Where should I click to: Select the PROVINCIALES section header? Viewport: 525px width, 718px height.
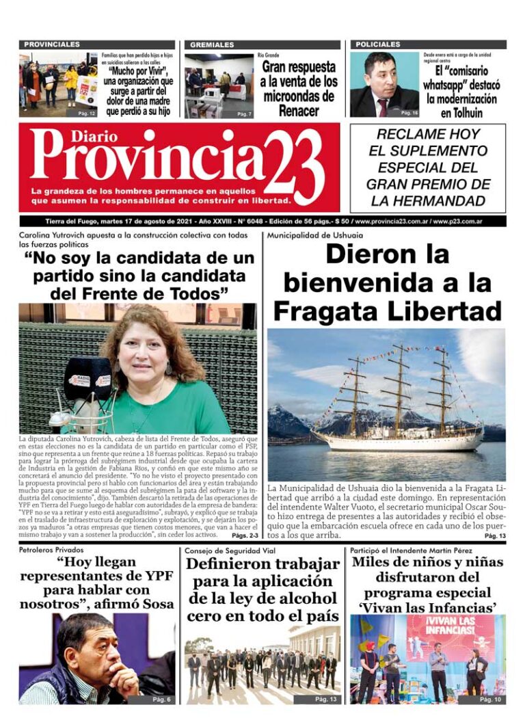52,44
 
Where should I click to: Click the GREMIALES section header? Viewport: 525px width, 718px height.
212,44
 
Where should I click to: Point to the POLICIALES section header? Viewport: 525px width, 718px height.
378,44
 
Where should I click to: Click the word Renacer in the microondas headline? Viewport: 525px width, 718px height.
299,110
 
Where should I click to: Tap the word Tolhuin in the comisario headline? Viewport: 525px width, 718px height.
461,113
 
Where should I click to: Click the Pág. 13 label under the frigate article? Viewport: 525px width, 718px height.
495,536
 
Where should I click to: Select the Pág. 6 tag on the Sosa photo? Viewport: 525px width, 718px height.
161,699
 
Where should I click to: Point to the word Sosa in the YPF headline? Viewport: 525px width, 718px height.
157,604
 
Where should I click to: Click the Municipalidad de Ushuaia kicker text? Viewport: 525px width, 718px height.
315,236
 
